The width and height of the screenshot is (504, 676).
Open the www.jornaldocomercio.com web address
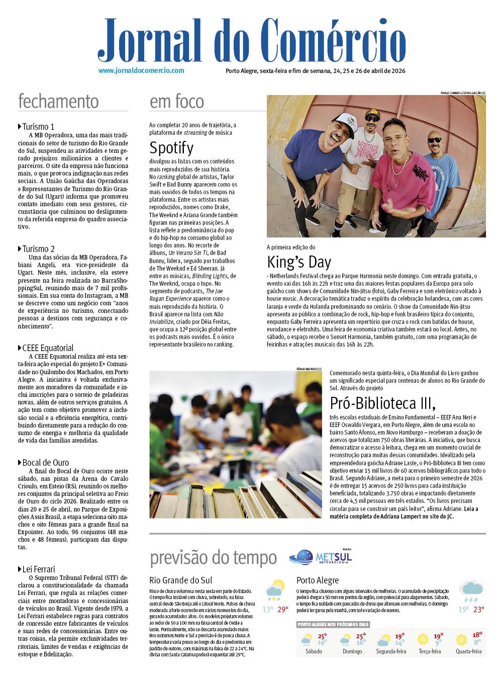141,71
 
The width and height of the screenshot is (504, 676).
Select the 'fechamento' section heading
58,101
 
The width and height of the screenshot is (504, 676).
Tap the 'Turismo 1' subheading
38,127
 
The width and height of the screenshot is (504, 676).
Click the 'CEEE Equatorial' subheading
48,348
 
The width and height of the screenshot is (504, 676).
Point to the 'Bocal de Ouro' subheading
45,463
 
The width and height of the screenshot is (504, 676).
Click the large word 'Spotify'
171,148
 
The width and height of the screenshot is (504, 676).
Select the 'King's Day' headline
299,262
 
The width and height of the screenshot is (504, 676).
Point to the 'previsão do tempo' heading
213,558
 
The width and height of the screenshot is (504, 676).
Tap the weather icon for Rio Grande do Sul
274,589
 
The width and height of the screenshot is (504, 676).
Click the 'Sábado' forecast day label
314,651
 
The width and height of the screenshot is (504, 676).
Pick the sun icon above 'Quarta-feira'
461,640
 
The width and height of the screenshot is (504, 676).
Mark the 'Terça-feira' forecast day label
430,651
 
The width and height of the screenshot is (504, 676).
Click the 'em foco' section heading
177,102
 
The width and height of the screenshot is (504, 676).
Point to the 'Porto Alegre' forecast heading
318,580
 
